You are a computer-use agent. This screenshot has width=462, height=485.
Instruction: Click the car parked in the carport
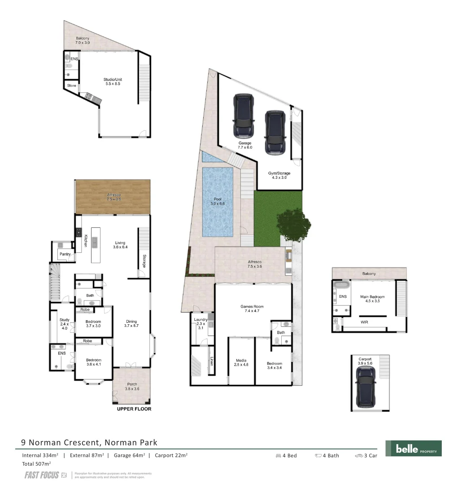click(366, 386)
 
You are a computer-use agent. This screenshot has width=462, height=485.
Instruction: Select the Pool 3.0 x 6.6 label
click(218, 201)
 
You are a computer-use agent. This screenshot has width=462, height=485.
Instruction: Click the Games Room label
click(252, 309)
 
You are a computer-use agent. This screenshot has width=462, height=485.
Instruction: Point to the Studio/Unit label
click(112, 81)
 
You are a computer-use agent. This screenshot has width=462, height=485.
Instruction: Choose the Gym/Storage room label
click(279, 175)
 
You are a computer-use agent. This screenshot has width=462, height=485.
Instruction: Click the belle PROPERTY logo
click(413, 448)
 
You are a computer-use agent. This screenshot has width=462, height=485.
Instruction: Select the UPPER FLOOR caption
click(134, 409)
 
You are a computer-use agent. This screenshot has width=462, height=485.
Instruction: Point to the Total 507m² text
click(36, 463)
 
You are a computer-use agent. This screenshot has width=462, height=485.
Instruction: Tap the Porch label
click(132, 386)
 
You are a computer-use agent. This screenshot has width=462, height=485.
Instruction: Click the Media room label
click(241, 362)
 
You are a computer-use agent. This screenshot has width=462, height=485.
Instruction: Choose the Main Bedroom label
click(372, 299)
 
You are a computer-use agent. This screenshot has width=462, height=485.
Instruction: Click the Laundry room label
click(200, 323)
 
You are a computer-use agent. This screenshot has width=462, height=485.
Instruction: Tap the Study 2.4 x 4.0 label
click(64, 324)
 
